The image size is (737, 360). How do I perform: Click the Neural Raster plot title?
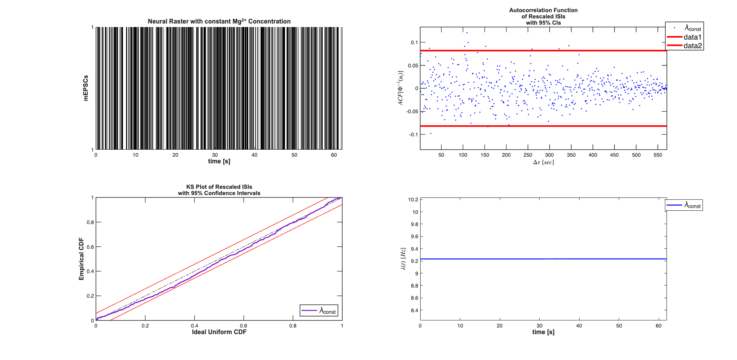click(219, 21)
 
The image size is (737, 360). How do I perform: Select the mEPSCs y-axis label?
click(86, 88)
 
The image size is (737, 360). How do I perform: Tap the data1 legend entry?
click(692, 37)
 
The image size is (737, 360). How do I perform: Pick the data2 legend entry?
click(692, 46)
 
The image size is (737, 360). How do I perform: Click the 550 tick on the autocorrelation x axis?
click(658, 155)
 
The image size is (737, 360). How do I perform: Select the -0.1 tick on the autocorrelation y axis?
click(414, 134)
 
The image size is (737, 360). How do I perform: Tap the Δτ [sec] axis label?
click(543, 162)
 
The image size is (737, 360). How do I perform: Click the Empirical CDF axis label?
click(81, 259)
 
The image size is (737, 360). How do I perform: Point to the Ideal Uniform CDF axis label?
click(219, 332)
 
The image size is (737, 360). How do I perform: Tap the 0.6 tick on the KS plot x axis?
click(244, 326)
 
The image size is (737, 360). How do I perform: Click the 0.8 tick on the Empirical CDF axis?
click(90, 222)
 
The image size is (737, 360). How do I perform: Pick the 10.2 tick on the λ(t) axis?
click(413, 199)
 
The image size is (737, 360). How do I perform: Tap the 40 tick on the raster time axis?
click(255, 155)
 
